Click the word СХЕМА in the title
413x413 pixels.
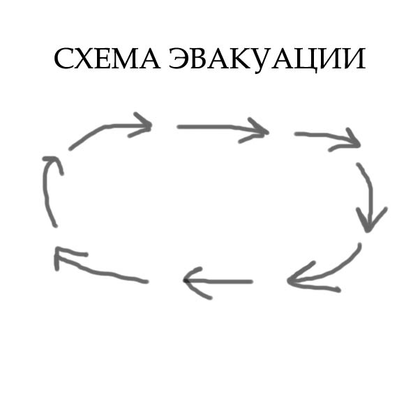tap(107, 59)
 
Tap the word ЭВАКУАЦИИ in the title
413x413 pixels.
tap(267, 60)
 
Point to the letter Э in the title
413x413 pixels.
tap(179, 59)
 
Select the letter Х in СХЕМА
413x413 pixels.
tap(85, 59)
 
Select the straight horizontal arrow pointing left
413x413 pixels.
tap(218, 282)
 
